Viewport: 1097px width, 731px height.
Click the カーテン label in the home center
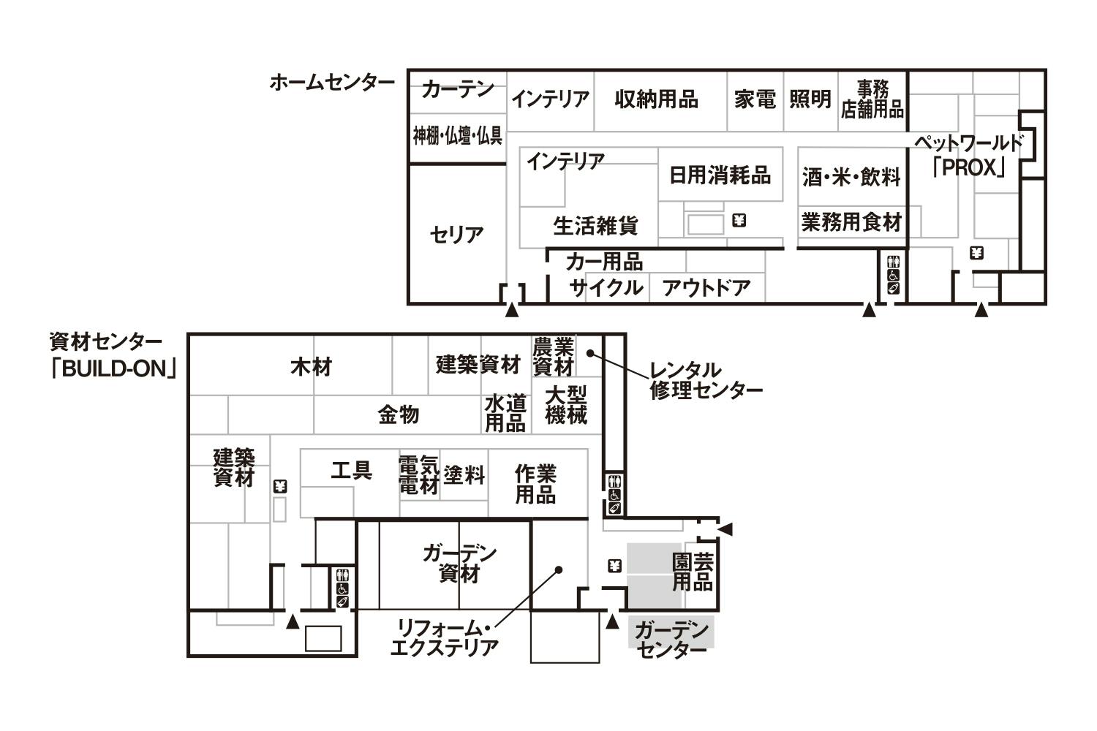457,90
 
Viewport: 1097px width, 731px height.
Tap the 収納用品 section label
656,99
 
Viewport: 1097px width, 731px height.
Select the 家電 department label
755,99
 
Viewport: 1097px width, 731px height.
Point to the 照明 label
810,99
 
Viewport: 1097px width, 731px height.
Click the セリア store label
456,235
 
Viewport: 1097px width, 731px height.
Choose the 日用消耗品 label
720,175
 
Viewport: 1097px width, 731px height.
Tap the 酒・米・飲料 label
851,177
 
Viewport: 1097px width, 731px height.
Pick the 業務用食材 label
851,222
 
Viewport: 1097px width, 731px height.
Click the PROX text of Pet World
969,168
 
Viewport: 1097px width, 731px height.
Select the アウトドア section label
706,287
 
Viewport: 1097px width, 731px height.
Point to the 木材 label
312,367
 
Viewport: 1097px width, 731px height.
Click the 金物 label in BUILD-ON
399,414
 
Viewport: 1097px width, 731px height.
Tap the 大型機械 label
565,405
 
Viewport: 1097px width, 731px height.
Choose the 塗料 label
464,474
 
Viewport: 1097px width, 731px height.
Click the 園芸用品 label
693,572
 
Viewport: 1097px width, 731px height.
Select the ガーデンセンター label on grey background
671,640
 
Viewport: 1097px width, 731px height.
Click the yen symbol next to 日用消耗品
739,221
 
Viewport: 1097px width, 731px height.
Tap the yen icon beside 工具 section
280,486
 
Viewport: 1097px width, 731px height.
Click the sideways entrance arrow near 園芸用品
725,529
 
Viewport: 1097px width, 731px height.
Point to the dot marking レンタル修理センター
590,352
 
